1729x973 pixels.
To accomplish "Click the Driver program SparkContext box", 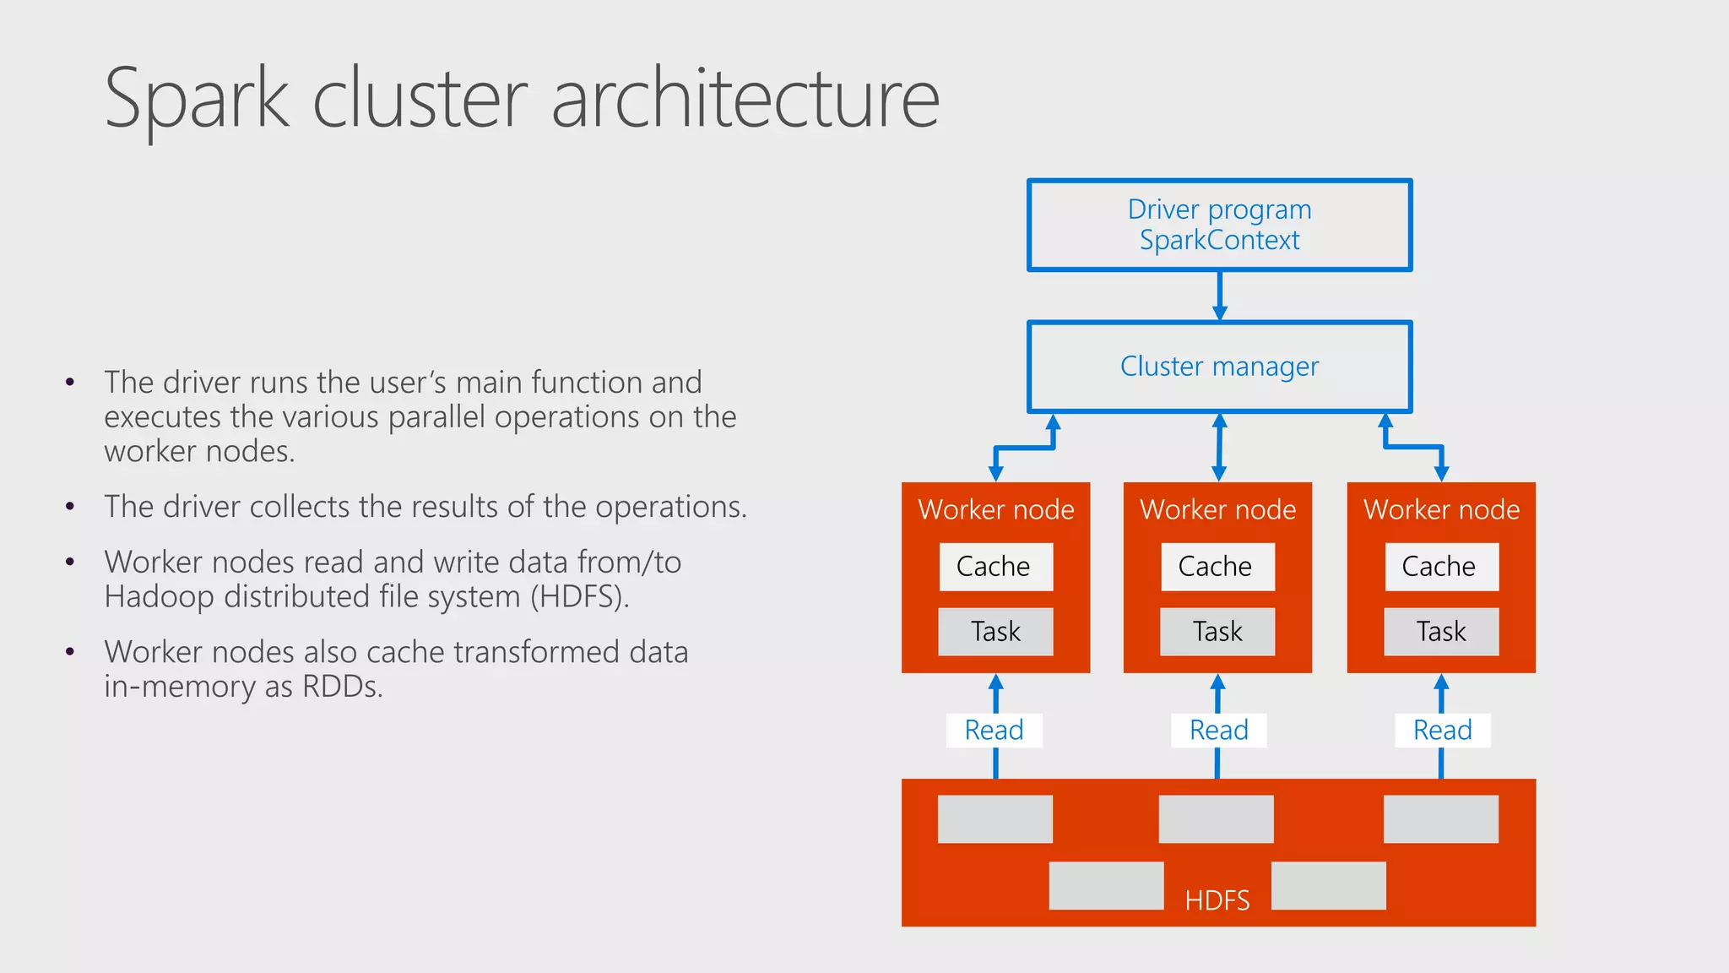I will (1219, 225).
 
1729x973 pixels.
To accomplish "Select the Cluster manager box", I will (1219, 367).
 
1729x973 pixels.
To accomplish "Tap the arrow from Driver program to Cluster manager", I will (1219, 296).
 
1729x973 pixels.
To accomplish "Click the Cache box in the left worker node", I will (995, 567).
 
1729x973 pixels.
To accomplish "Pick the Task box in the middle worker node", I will (1217, 632).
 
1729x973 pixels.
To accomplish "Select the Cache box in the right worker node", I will (1441, 567).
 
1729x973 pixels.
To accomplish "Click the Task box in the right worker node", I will (1441, 632).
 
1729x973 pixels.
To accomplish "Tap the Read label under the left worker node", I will (995, 730).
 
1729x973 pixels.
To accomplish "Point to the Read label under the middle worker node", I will (1218, 730).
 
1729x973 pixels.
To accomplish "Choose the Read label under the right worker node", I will (1442, 730).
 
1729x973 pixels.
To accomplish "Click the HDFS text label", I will (1217, 900).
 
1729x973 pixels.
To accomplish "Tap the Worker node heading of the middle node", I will (1217, 509).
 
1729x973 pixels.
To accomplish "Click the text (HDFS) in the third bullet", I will (579, 597).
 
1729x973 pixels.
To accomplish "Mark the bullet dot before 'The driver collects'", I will (70, 508).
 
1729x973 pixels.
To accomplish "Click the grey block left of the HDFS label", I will (1106, 885).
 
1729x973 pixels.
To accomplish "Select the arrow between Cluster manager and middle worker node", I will (1219, 448).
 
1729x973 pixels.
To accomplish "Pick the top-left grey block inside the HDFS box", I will (995, 818).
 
